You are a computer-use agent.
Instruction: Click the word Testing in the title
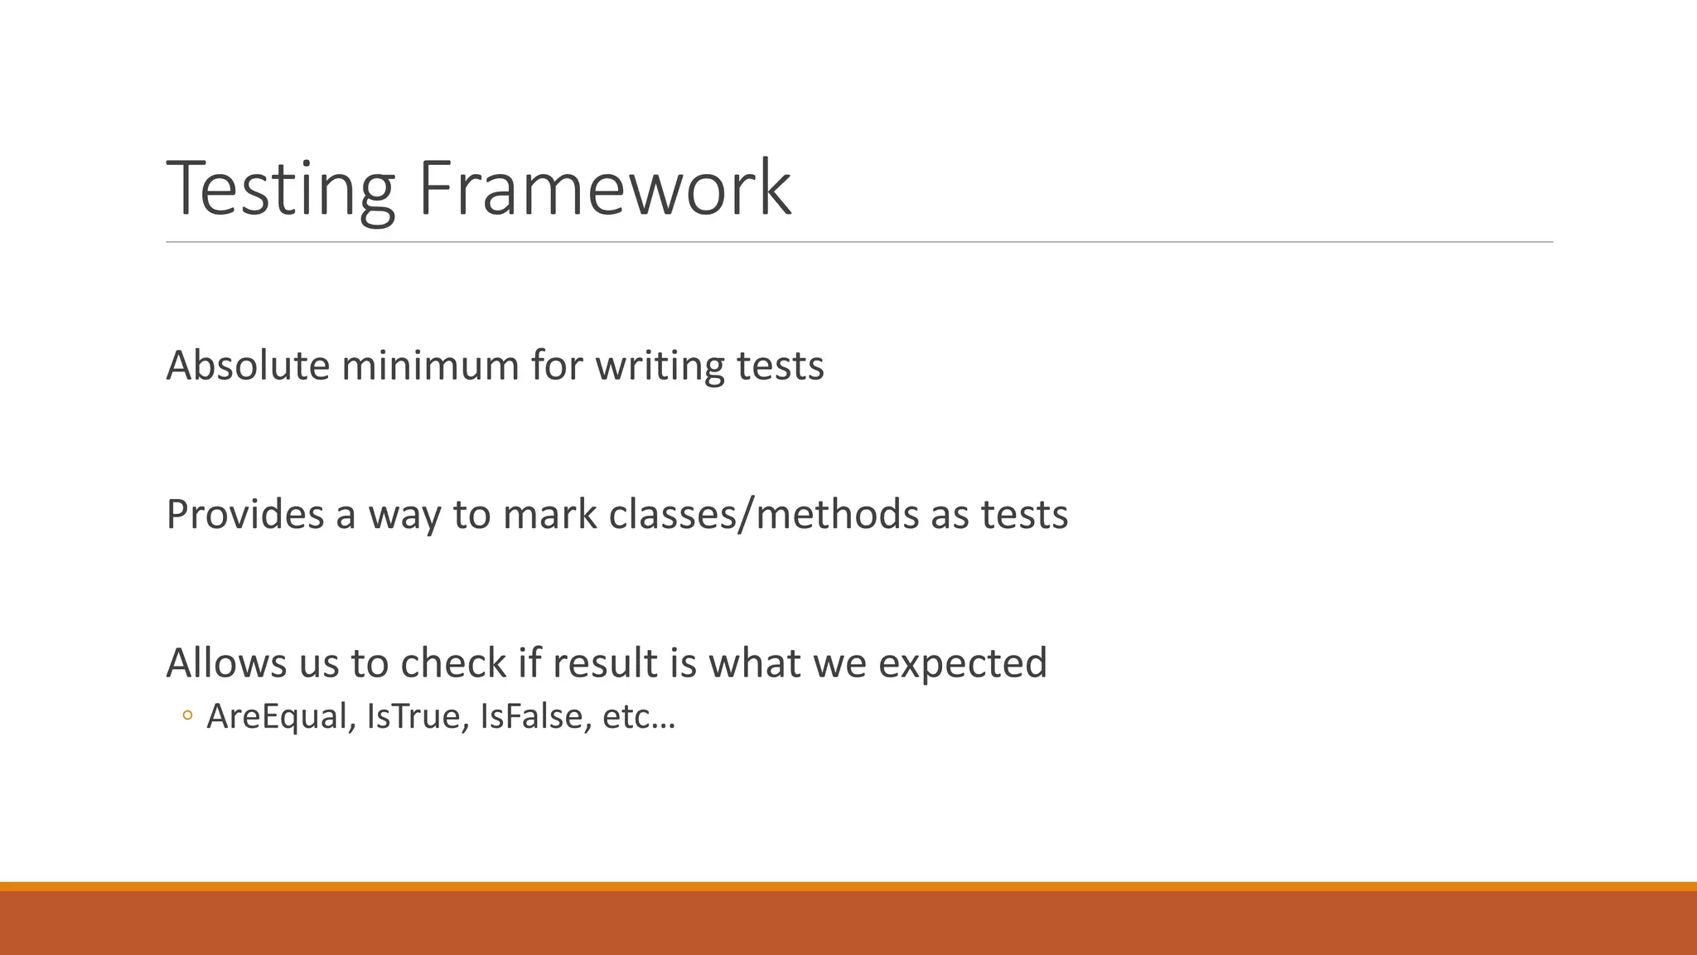click(x=281, y=190)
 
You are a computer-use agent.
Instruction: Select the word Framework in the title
click(x=604, y=190)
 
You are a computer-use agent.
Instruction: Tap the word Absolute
click(x=248, y=366)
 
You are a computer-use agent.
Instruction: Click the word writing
click(x=660, y=366)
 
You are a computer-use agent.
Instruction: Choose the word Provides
click(x=244, y=515)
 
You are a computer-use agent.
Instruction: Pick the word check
click(x=453, y=663)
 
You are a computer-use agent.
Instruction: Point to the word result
click(x=597, y=663)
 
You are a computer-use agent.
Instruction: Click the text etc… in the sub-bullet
click(x=639, y=717)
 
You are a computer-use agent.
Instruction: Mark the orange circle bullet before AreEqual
click(x=187, y=716)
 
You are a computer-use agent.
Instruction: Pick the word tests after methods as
click(x=1024, y=515)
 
